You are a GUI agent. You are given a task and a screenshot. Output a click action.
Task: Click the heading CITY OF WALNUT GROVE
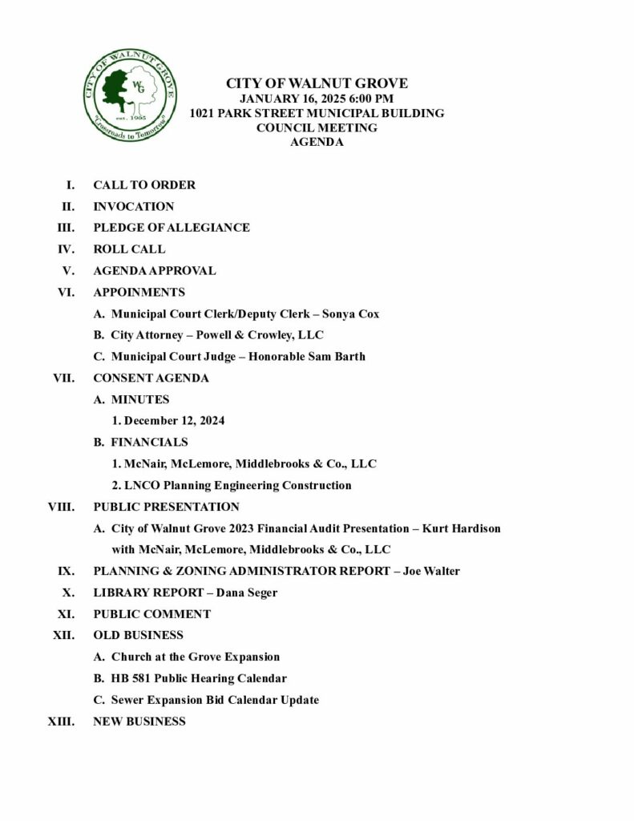[317, 83]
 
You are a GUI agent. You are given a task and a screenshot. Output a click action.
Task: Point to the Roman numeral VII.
[63, 378]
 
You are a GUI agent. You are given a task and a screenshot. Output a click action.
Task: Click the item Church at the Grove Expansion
[196, 657]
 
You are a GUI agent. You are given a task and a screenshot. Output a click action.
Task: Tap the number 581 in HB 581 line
[142, 678]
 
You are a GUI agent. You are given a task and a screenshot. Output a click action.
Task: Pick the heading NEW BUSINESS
[139, 722]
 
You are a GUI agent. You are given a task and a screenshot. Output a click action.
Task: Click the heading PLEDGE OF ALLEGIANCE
[172, 228]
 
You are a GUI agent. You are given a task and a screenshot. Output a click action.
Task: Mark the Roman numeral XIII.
[63, 722]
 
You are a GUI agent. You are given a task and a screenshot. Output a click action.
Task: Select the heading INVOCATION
[134, 206]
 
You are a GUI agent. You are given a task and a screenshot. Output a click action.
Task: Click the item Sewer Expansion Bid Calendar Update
[215, 700]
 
